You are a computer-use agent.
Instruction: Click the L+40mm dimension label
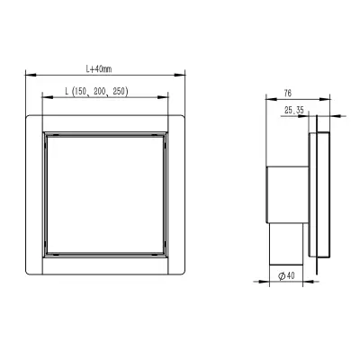point(99,69)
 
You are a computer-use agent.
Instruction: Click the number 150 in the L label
point(80,91)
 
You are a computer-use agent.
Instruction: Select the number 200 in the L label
point(99,91)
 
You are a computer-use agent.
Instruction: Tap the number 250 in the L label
point(119,91)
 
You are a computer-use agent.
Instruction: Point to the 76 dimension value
point(287,94)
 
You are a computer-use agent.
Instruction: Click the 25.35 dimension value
point(294,111)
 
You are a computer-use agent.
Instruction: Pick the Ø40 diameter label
point(286,275)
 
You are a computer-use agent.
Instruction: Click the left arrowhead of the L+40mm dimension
point(31,75)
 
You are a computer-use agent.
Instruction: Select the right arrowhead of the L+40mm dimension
point(180,75)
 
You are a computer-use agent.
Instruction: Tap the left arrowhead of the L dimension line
point(48,97)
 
